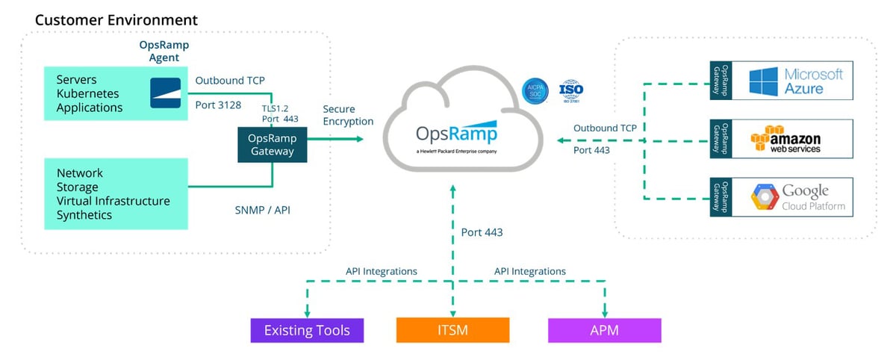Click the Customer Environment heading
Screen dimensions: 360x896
116,19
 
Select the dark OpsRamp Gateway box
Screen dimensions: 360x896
271,144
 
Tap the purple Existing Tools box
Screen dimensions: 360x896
307,329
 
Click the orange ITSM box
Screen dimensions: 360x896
452,329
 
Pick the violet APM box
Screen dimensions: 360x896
604,329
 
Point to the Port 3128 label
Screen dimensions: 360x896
218,105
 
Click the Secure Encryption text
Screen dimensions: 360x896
348,115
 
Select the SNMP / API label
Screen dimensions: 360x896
262,211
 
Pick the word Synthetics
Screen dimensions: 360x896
84,215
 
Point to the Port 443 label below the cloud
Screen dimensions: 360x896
482,232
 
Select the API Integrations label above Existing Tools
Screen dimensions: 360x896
381,271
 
